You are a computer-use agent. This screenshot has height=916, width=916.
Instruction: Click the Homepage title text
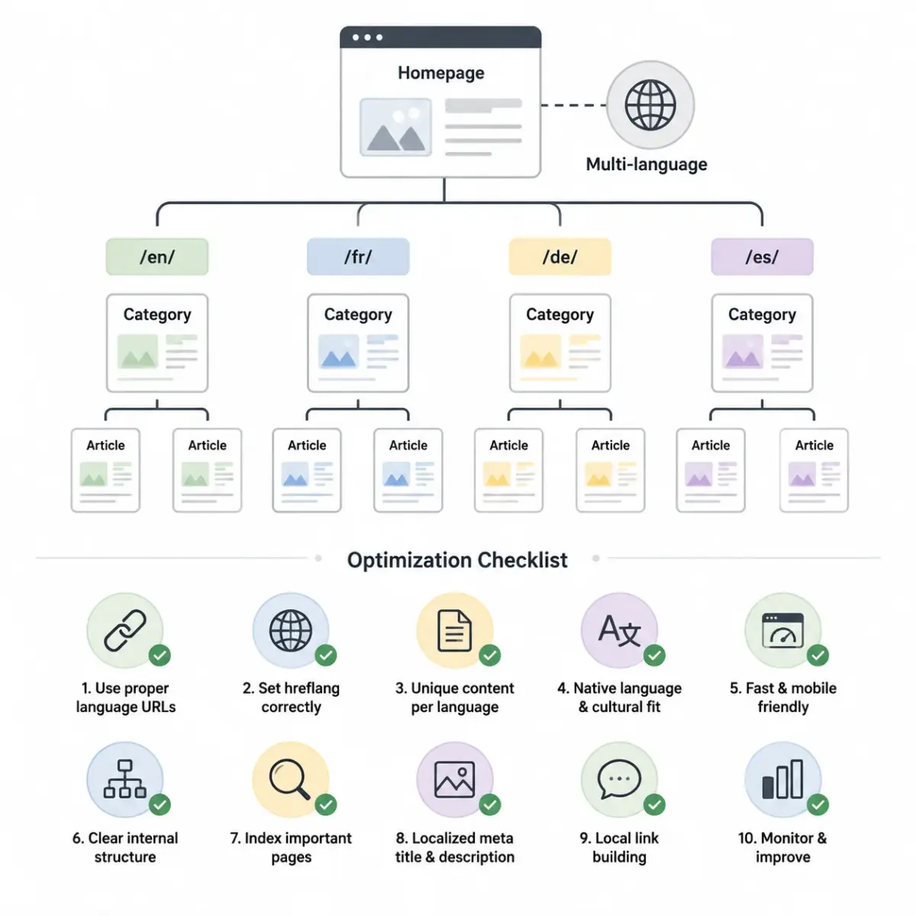[x=440, y=73]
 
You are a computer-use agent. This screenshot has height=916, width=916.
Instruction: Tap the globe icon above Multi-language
[x=650, y=105]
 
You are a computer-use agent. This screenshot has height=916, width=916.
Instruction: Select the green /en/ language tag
[x=157, y=256]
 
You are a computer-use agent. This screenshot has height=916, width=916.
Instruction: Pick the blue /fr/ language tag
[x=358, y=256]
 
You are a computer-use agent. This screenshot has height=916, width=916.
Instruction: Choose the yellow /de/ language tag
[x=560, y=256]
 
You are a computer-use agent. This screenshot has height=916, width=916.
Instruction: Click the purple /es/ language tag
[x=762, y=256]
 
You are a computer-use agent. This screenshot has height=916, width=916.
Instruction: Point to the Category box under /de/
[x=560, y=343]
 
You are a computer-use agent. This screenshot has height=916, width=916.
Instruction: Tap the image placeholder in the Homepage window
[x=395, y=127]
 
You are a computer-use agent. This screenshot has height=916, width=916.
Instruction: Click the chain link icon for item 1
[x=125, y=631]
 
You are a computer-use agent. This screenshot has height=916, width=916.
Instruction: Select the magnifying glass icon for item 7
[x=289, y=779]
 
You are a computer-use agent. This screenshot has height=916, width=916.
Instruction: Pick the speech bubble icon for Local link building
[x=619, y=779]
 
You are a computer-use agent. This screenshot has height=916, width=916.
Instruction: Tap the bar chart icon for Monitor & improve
[x=782, y=779]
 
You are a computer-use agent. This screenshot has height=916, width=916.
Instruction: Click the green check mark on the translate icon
[x=654, y=656]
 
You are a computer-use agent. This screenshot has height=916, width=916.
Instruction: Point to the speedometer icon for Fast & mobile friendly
[x=782, y=631]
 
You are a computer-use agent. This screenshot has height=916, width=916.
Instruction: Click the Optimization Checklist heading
[x=457, y=560]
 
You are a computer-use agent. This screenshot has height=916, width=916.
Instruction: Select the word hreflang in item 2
[x=312, y=688]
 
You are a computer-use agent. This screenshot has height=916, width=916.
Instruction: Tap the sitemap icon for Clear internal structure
[x=124, y=779]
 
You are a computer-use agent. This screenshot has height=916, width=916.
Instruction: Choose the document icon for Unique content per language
[x=454, y=631]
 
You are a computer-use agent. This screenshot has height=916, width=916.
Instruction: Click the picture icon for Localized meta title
[x=454, y=779]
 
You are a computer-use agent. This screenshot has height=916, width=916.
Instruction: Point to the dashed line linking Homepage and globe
[x=574, y=105]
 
